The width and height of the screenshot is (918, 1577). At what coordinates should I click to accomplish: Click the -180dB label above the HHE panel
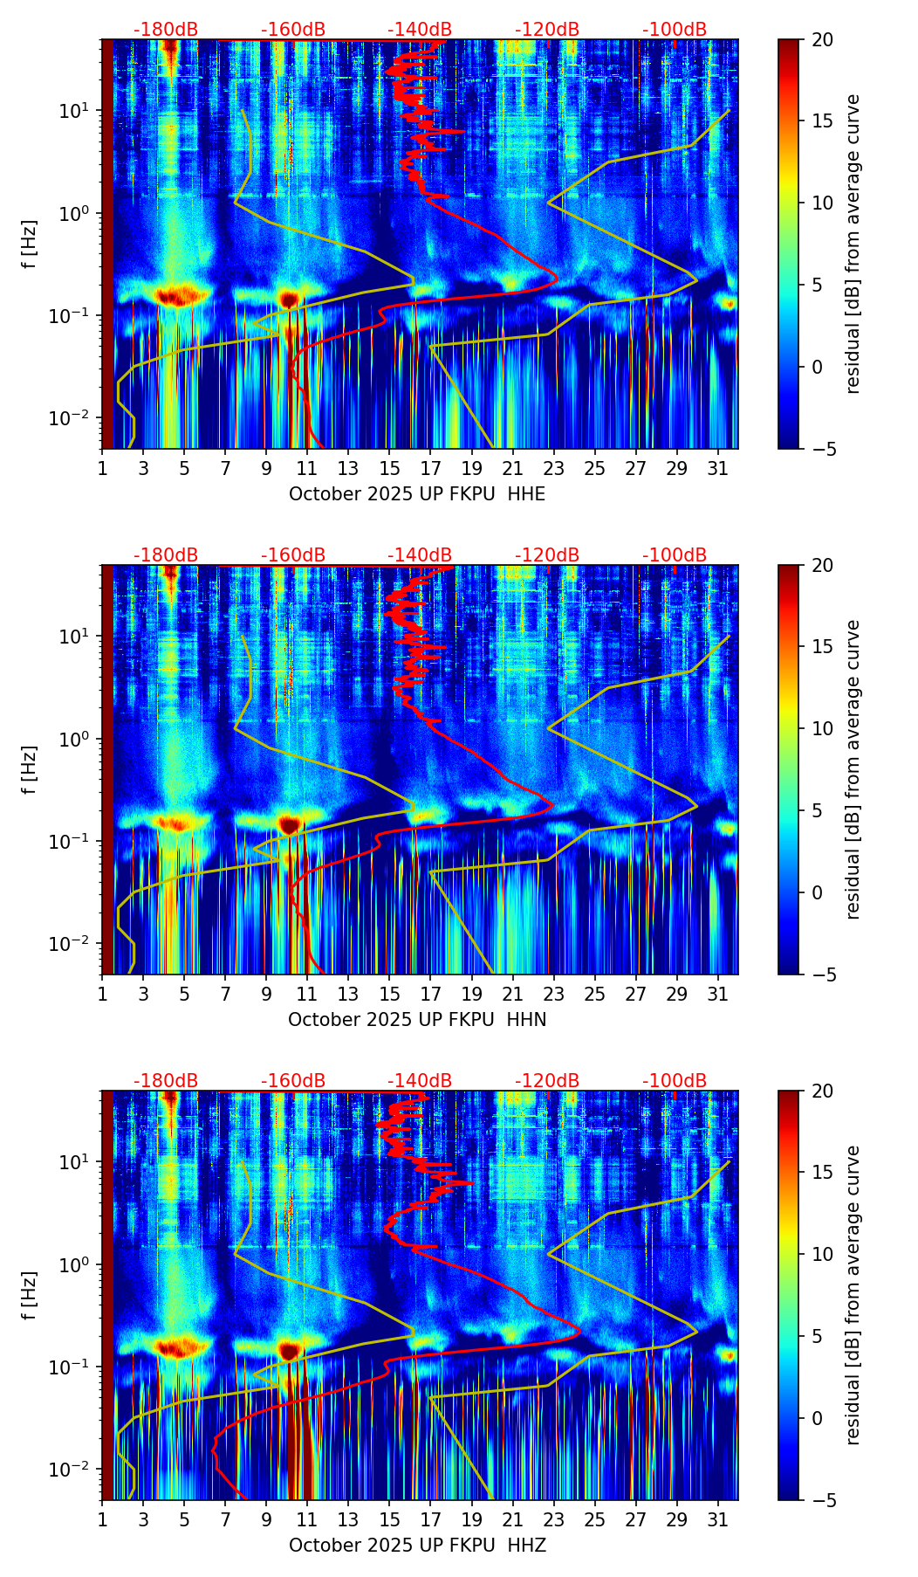[x=166, y=30]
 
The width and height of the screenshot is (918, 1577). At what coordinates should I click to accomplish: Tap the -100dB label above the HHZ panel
[x=675, y=1081]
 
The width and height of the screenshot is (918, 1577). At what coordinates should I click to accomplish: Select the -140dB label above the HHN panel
[x=420, y=555]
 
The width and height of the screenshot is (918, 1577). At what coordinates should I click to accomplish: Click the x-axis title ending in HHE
[x=417, y=494]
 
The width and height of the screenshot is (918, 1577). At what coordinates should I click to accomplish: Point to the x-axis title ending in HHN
[x=417, y=1020]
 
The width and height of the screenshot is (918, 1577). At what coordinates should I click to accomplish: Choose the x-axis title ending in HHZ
[x=417, y=1546]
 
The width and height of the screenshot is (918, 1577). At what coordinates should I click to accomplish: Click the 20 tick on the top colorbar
[x=822, y=39]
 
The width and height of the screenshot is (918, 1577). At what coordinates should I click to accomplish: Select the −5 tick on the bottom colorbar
[x=822, y=1500]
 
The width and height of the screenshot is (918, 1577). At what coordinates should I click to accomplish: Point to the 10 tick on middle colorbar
[x=822, y=728]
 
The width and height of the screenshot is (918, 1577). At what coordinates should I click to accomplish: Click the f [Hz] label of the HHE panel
[x=30, y=244]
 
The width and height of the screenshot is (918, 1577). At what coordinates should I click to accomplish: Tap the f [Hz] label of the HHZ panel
[x=30, y=1296]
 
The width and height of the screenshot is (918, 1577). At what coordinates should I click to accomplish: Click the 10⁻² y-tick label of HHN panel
[x=75, y=944]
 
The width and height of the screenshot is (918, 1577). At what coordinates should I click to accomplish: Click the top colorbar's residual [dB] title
[x=853, y=244]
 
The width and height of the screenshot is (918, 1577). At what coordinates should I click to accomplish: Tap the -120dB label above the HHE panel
[x=547, y=30]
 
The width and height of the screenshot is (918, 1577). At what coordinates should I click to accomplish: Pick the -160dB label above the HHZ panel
[x=293, y=1081]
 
